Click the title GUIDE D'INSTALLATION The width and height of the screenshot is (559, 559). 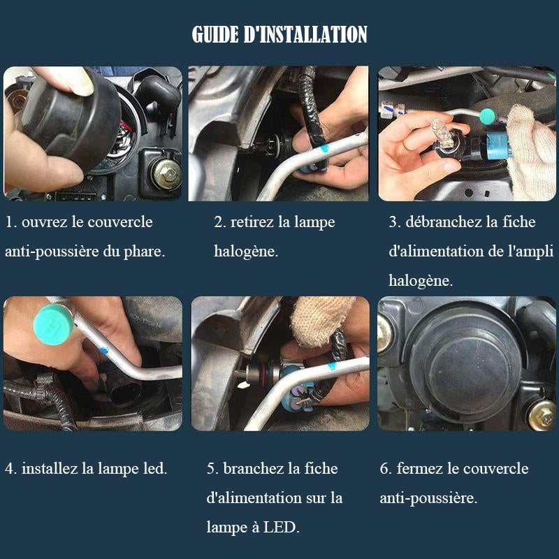pyautogui.click(x=279, y=34)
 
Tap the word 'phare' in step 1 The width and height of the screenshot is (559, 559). pyautogui.click(x=145, y=252)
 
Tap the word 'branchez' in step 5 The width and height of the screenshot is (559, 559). pyautogui.click(x=253, y=468)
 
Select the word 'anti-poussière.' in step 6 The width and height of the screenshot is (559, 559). pyautogui.click(x=428, y=498)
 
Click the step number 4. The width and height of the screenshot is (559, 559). pyautogui.click(x=10, y=469)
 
